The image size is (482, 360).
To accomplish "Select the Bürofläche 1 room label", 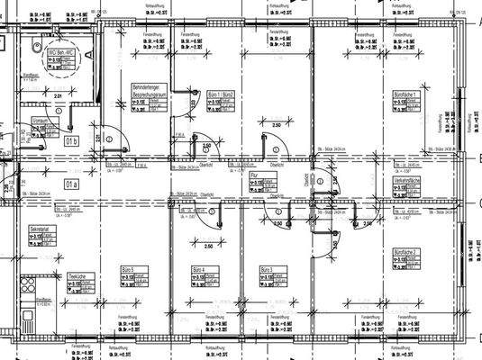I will click(407, 94).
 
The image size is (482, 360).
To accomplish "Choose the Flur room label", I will click(255, 175).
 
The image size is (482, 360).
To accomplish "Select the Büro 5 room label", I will click(125, 270).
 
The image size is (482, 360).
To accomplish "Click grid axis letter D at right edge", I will click(477, 337).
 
